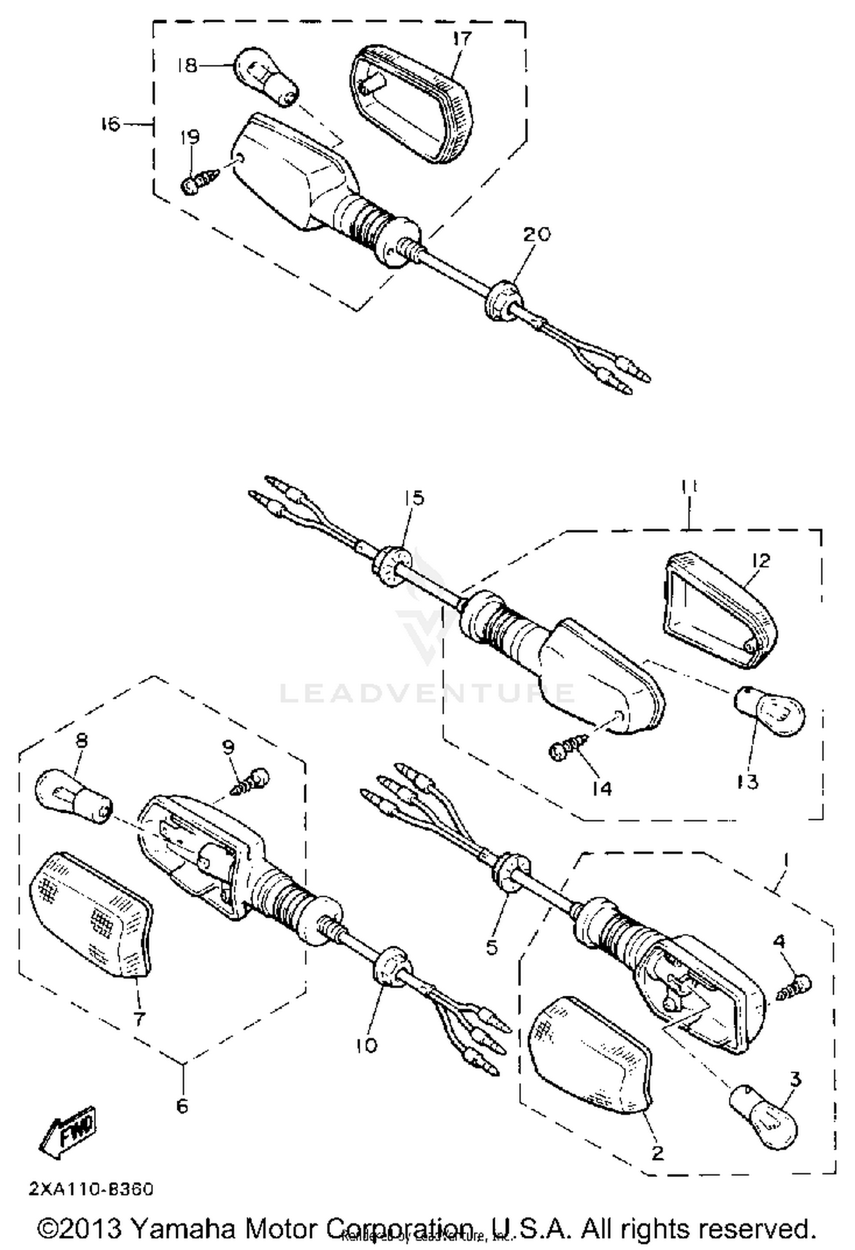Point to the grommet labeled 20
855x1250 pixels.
(x=502, y=299)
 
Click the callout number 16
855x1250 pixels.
(x=109, y=124)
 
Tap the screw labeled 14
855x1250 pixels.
(x=567, y=750)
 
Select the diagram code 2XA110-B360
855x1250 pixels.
(x=91, y=1190)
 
